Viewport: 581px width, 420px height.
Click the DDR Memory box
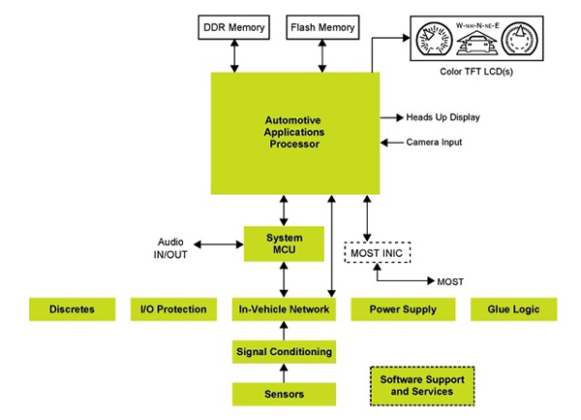[x=233, y=27]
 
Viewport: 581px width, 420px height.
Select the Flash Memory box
[x=321, y=27]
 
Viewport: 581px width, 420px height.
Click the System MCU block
[x=284, y=243]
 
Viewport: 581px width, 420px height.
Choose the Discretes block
[x=74, y=309]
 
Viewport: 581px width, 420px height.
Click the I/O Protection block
[x=175, y=309]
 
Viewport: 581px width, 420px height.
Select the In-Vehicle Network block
[x=284, y=309]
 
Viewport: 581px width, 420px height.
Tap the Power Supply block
[x=400, y=309]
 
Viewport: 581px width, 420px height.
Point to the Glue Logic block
[x=513, y=309]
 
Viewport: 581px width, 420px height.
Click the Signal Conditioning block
[x=284, y=352]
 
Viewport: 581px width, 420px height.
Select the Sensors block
[x=284, y=394]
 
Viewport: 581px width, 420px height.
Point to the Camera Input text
[x=434, y=143]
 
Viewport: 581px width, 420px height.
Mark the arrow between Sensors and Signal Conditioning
[x=284, y=373]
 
